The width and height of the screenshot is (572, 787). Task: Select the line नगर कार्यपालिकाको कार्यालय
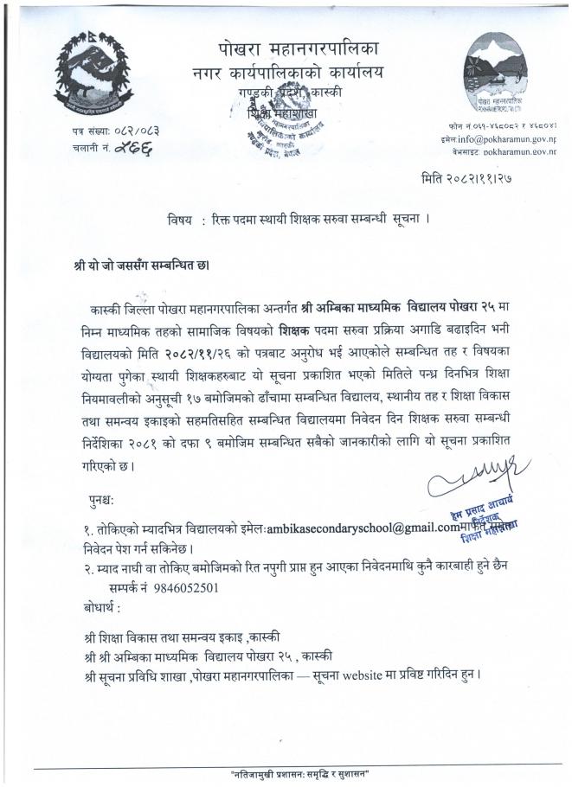(289, 71)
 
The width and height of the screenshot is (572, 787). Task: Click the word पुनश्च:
(107, 501)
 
